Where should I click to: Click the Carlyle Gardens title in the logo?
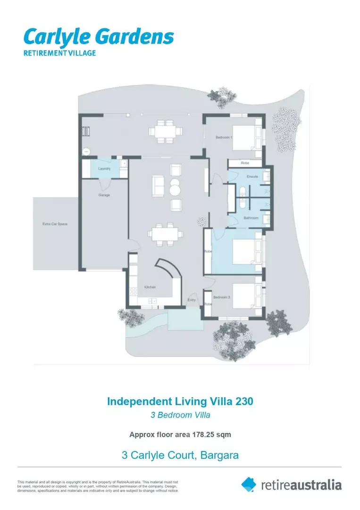[x=99, y=37]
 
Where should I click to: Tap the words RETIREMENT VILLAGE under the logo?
[x=59, y=53]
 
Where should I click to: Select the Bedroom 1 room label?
[x=223, y=137]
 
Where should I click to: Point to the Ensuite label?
[x=252, y=177]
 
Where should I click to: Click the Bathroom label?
[x=251, y=218]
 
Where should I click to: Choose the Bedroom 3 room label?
[x=221, y=297]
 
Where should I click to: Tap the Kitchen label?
[x=150, y=287]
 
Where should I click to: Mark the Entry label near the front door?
[x=192, y=300]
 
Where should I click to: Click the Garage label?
[x=104, y=195]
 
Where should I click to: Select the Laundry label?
[x=104, y=169]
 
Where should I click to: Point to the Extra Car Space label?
[x=55, y=223]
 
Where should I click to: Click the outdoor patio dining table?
[x=165, y=131]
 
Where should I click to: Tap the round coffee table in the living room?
[x=175, y=190]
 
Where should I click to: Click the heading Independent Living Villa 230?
[x=180, y=401]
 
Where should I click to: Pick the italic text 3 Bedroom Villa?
[x=180, y=416]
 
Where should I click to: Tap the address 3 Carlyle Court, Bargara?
[x=180, y=455]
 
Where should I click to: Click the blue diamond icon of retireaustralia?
[x=249, y=484]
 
